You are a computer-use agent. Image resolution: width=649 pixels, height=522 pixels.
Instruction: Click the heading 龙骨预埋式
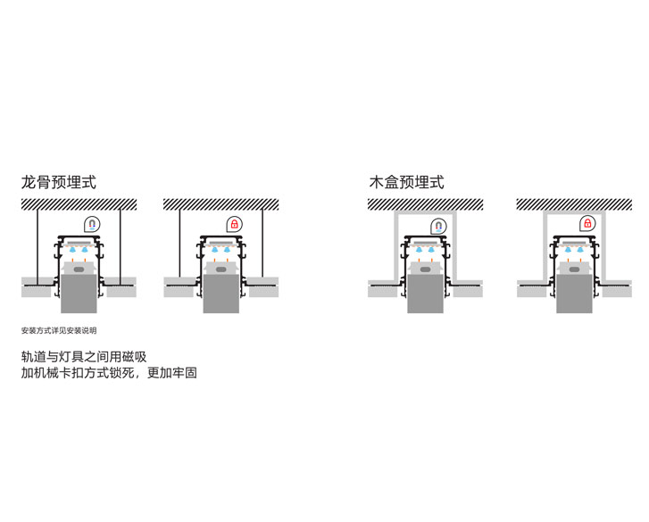(x=59, y=182)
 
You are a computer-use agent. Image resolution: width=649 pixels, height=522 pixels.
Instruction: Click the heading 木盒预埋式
(x=406, y=182)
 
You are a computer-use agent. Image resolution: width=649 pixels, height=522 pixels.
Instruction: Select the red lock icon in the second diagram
(x=235, y=224)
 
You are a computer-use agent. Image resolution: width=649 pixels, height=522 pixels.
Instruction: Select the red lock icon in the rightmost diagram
(x=587, y=223)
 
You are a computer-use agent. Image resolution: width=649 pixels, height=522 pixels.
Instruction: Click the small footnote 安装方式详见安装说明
(x=59, y=330)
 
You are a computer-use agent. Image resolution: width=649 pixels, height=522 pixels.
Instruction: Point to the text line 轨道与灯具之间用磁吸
(x=84, y=357)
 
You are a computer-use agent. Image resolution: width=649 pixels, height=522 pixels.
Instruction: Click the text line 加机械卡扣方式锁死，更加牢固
(x=109, y=373)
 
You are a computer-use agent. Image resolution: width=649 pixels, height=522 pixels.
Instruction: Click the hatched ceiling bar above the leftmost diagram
(x=79, y=204)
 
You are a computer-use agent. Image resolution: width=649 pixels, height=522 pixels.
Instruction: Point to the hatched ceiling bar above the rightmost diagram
(x=573, y=204)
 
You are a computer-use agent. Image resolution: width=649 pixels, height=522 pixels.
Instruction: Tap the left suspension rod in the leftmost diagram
(x=37, y=245)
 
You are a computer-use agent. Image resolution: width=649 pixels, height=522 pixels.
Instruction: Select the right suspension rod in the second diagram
(x=263, y=245)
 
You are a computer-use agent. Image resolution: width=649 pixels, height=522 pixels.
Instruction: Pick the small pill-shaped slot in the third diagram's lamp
(x=425, y=268)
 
